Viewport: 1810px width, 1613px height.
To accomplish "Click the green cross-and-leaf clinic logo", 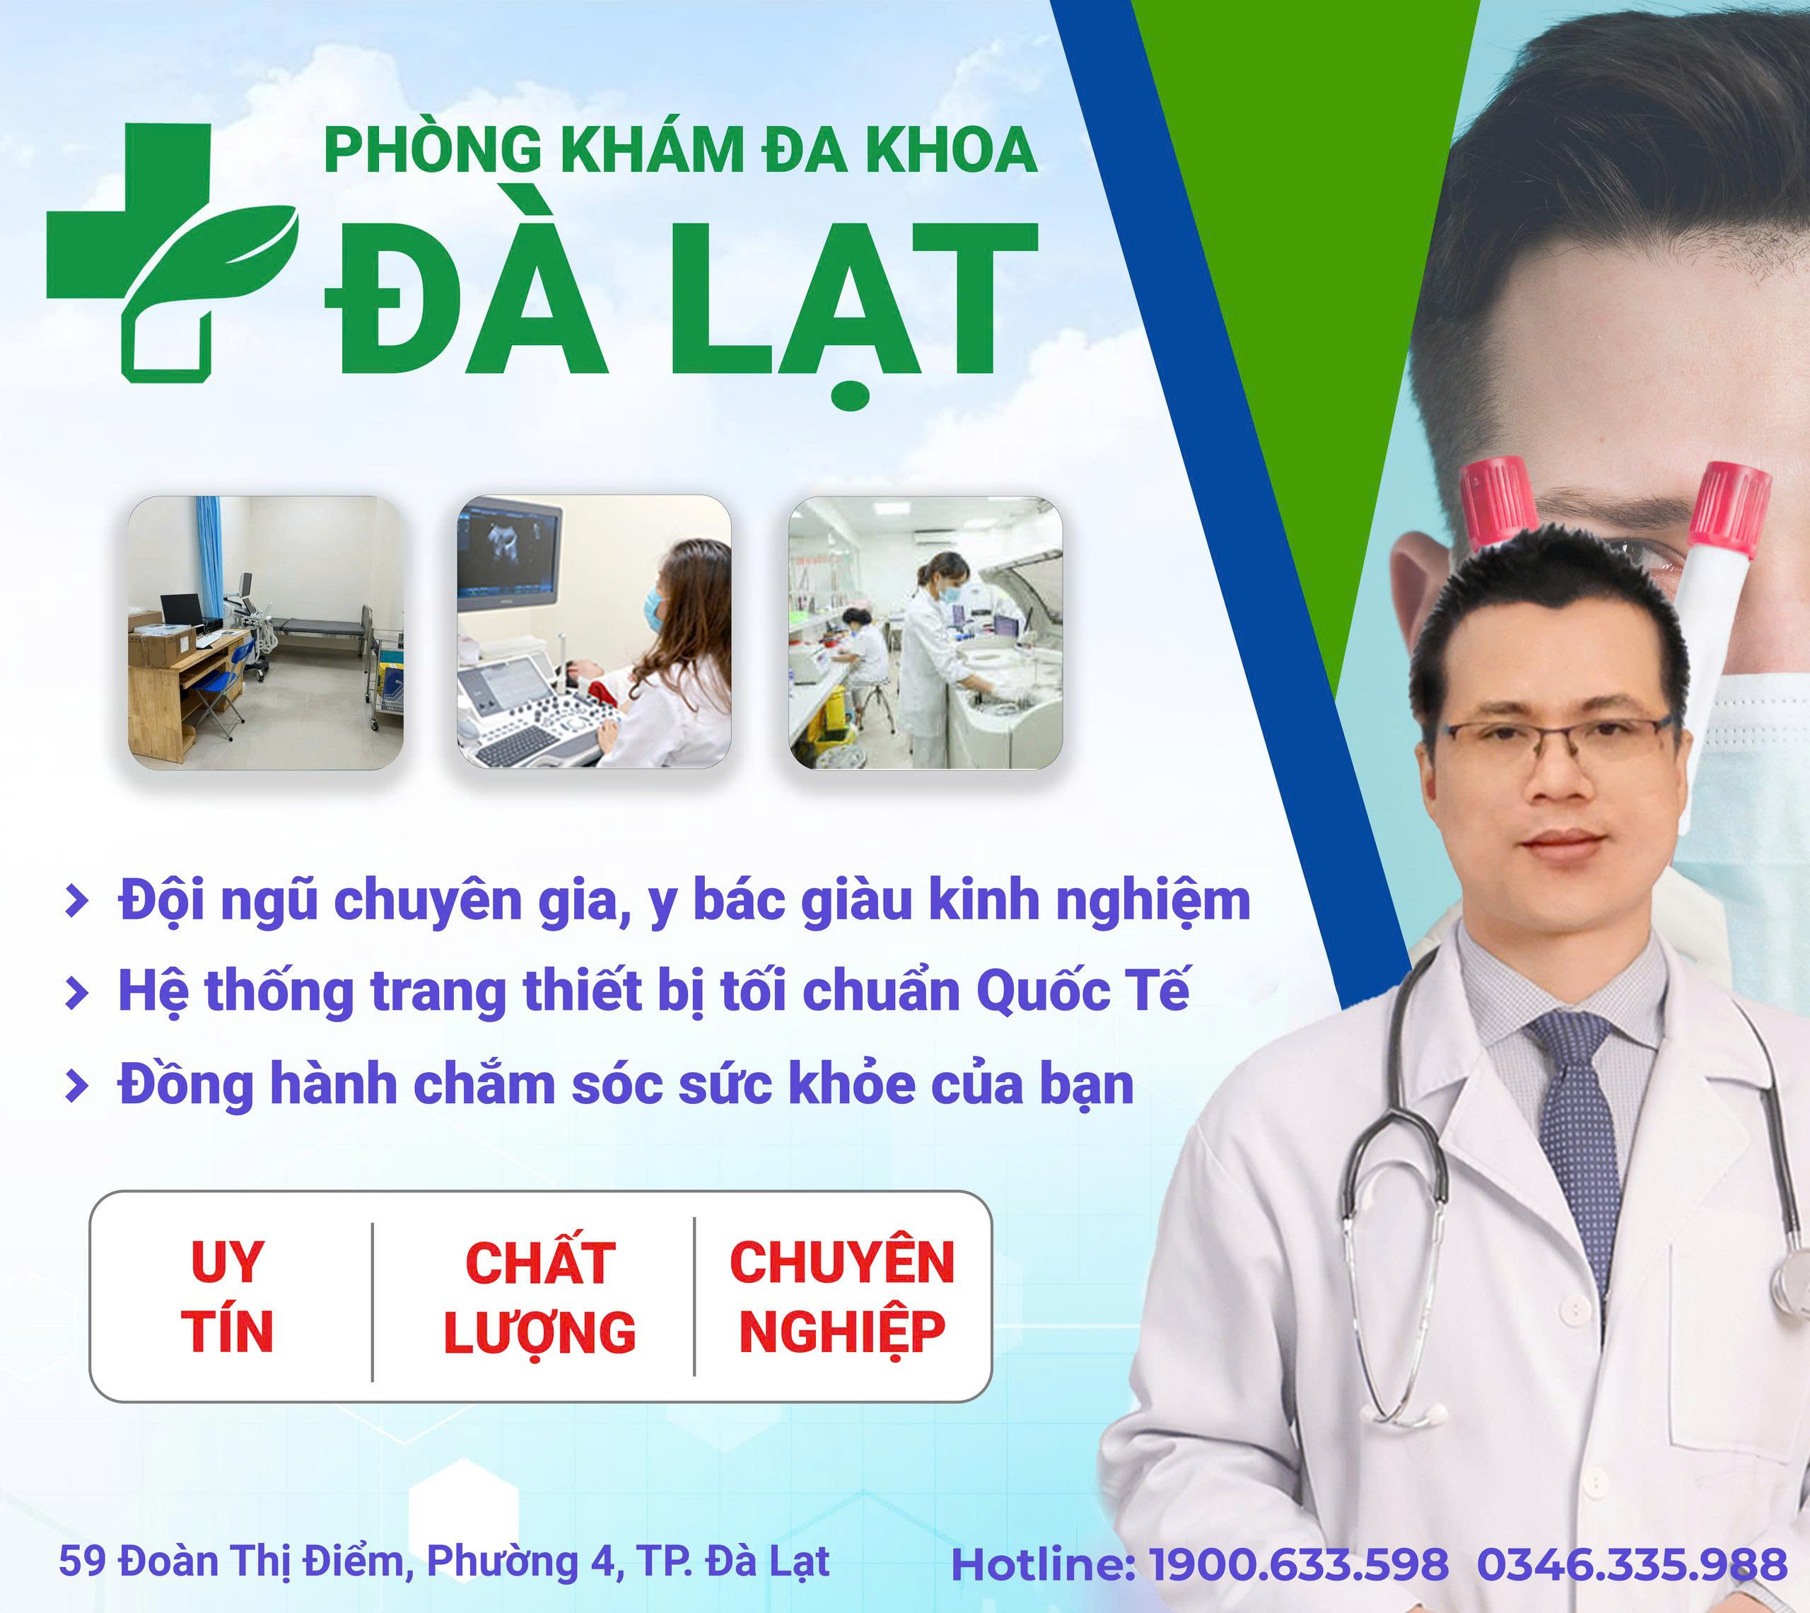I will tap(173, 252).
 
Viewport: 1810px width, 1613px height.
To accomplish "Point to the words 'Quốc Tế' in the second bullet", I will tap(1082, 991).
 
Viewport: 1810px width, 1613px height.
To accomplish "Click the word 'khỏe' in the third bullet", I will tap(851, 1084).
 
